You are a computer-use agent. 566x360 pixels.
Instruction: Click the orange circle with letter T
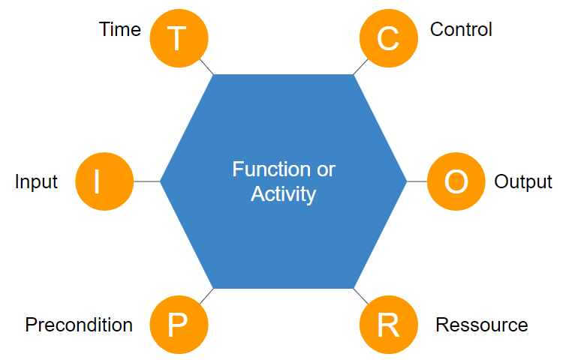(178, 37)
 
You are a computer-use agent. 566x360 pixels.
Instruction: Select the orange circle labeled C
(388, 37)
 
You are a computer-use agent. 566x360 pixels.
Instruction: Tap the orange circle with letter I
(104, 181)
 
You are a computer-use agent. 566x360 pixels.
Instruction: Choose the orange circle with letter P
(178, 325)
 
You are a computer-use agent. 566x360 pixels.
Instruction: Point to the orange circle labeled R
(388, 325)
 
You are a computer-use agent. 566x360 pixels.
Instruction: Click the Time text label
(120, 29)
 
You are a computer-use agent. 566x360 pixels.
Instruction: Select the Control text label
(461, 29)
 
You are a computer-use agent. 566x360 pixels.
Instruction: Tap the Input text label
(36, 182)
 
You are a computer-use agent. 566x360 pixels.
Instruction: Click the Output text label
(523, 182)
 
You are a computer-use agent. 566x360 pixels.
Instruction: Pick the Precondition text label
(79, 325)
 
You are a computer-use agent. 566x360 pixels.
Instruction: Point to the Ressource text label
(482, 325)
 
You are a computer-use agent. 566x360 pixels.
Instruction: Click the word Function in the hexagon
(263, 169)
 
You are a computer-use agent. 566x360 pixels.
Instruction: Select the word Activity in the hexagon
(283, 194)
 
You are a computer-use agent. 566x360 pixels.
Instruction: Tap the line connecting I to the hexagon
(147, 181)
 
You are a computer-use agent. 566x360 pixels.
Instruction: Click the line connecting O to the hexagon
(417, 181)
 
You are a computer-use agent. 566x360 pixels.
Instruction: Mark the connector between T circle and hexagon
(206, 67)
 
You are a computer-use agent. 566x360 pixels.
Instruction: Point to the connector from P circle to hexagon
(206, 295)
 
